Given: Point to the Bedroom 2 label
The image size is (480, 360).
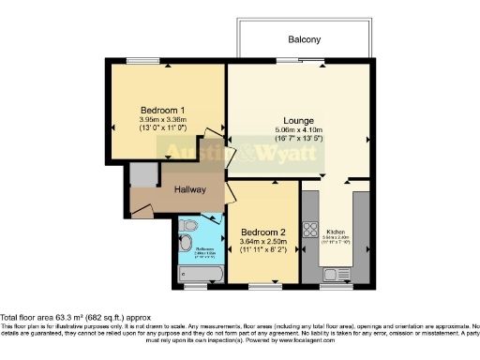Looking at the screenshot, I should [x=263, y=232].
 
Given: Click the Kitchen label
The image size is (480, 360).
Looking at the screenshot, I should [x=336, y=230].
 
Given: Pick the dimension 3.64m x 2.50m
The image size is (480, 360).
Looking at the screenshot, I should [x=263, y=243].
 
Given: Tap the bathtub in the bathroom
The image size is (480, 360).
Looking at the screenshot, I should [x=200, y=275].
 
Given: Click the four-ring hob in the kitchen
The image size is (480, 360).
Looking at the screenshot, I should [x=310, y=227].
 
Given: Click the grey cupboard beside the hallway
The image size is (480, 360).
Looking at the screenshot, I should [x=142, y=174].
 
